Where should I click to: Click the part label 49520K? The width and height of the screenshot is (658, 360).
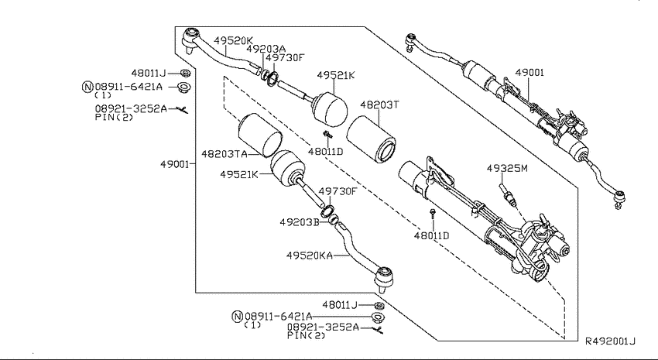click(x=233, y=41)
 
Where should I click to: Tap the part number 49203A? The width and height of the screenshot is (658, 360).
click(x=266, y=49)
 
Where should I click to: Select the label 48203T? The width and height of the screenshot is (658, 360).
click(x=379, y=105)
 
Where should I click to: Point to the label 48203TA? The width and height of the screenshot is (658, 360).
click(x=224, y=154)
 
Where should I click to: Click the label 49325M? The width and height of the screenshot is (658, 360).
click(x=507, y=168)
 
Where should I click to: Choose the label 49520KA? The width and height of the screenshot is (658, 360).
click(x=310, y=255)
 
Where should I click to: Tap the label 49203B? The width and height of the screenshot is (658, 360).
click(x=300, y=222)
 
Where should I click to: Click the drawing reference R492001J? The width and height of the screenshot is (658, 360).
click(x=611, y=341)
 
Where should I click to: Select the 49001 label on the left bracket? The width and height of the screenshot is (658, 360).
click(x=175, y=164)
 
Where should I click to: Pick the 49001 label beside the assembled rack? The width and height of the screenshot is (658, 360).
click(x=529, y=73)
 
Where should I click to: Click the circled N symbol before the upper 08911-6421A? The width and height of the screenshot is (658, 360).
click(x=87, y=87)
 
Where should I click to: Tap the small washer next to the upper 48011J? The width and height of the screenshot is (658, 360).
click(x=185, y=73)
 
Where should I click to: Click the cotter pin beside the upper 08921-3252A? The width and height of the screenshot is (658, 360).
click(x=182, y=109)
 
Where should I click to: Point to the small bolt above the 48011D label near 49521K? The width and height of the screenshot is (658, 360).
click(x=327, y=134)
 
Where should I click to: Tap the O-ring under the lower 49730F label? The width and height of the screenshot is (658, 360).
click(x=327, y=211)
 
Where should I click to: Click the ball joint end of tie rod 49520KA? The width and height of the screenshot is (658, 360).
click(x=382, y=277)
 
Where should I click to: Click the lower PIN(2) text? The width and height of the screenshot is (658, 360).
click(x=307, y=335)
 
